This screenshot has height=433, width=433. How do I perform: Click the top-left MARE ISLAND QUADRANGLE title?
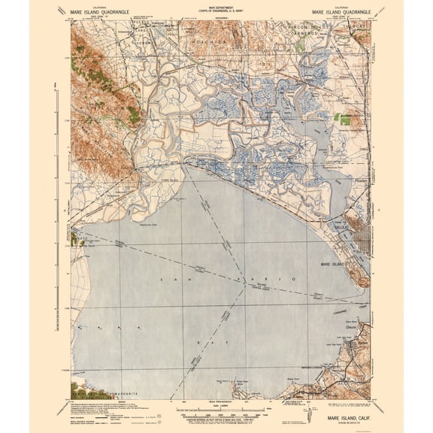[109, 12]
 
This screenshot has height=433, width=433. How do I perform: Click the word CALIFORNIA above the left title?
[108, 7]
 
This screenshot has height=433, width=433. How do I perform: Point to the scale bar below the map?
[226, 410]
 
